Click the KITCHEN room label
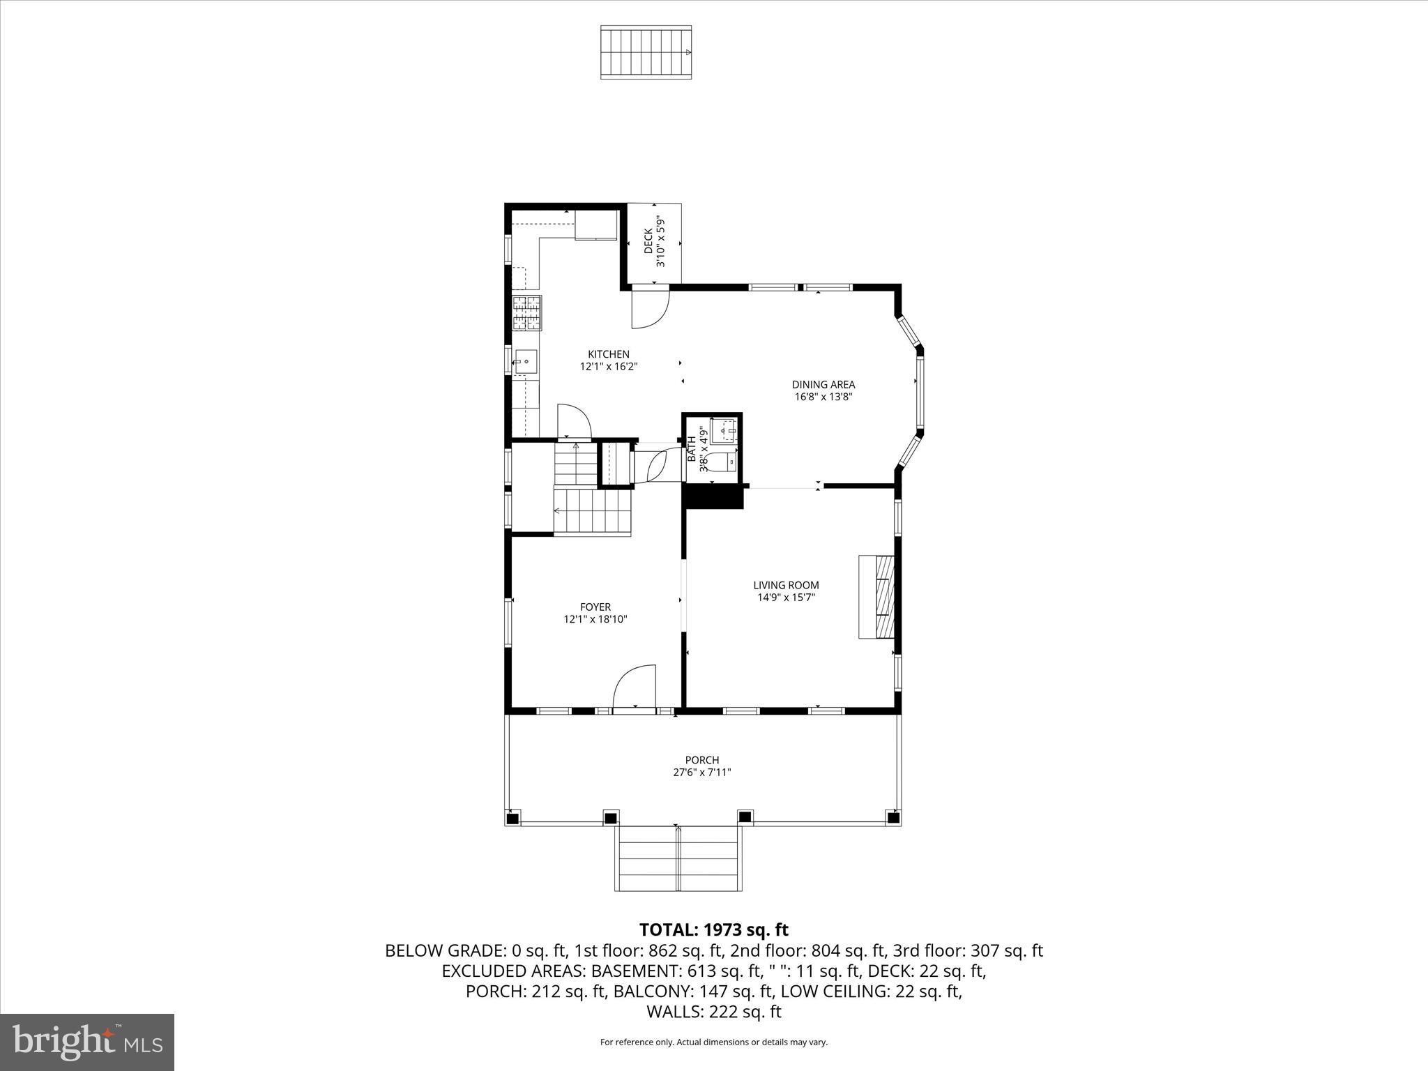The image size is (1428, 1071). [x=608, y=354]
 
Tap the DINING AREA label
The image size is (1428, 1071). [x=823, y=384]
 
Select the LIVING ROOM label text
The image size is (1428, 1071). [x=786, y=585]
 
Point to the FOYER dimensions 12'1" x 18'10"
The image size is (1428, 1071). [x=595, y=619]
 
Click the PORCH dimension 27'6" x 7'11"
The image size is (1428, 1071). [x=701, y=773]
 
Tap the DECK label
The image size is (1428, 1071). [x=648, y=242]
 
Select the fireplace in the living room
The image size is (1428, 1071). [x=877, y=596]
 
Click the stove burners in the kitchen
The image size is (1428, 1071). [x=527, y=313]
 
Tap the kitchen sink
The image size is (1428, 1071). [x=526, y=362]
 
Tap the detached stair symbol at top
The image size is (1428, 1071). [x=646, y=52]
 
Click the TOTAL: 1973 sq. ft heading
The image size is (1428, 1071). [x=713, y=929]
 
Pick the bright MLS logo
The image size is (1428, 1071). [x=87, y=1041]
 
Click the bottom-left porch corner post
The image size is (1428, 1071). [x=512, y=819]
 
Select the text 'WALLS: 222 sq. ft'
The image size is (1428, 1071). [x=713, y=1012]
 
